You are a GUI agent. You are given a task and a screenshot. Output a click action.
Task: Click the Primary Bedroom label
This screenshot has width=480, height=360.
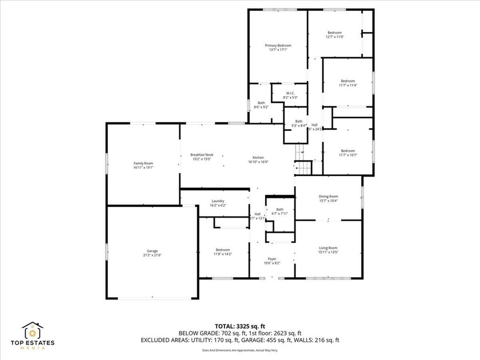(x=278, y=45)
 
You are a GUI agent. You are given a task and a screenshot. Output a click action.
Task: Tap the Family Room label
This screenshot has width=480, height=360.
(x=143, y=163)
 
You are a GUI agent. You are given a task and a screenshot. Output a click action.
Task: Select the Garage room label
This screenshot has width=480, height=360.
(x=152, y=251)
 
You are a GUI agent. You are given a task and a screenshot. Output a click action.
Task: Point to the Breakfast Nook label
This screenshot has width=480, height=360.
(x=202, y=155)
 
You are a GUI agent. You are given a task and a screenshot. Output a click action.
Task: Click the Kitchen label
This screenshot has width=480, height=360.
(x=258, y=158)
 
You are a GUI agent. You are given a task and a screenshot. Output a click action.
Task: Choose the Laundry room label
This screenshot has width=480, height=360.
(x=217, y=201)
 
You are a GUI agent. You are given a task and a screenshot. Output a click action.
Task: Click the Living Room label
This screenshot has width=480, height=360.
(x=328, y=247)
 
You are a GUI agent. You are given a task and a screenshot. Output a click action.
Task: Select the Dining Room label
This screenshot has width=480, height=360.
(x=328, y=197)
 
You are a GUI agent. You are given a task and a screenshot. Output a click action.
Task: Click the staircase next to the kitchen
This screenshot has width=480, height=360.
(x=302, y=161)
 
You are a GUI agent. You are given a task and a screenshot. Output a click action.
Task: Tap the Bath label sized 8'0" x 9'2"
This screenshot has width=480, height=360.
(x=261, y=103)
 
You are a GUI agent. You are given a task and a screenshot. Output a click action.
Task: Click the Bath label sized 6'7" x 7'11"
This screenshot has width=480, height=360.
(x=279, y=210)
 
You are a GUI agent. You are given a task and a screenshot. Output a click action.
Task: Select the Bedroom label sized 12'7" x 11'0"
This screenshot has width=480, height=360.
(x=335, y=33)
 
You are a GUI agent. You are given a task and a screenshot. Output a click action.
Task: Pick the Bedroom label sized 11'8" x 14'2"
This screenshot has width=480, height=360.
(x=222, y=250)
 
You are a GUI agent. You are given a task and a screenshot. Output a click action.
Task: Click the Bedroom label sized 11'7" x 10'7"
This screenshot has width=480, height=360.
(x=347, y=151)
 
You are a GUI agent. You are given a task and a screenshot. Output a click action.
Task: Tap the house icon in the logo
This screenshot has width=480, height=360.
(x=33, y=330)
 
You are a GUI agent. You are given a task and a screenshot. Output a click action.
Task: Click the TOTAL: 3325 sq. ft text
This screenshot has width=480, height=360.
(x=240, y=325)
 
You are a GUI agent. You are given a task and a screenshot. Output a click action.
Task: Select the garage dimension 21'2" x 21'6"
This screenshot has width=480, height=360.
(x=152, y=255)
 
